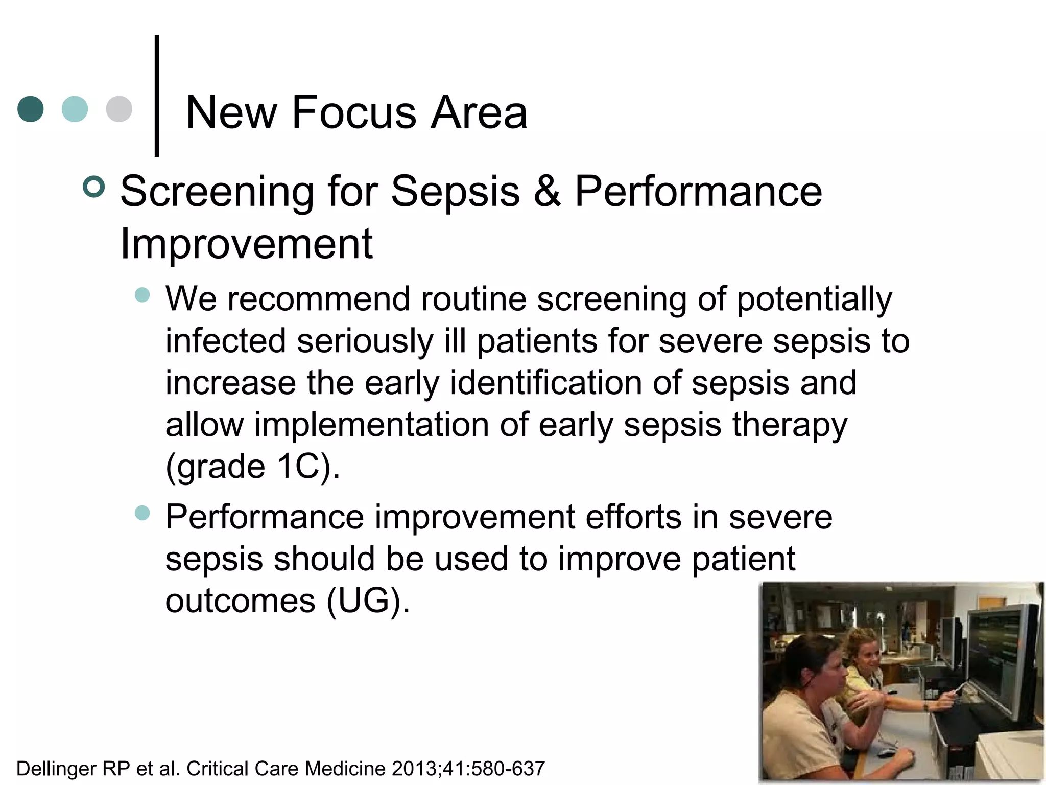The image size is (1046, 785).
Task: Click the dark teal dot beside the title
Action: (30, 109)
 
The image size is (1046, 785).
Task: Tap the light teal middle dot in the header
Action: (75, 109)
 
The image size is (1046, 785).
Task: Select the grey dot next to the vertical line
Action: (119, 109)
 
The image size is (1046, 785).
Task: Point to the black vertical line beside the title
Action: (157, 96)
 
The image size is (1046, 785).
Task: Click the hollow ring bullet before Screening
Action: (93, 187)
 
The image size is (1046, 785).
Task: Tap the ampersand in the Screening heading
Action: (547, 191)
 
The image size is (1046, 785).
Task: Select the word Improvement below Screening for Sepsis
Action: (246, 244)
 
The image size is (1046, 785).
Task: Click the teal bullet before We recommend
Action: (142, 295)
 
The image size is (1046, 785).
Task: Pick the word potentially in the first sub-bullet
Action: (814, 299)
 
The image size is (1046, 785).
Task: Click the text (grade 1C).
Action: (252, 467)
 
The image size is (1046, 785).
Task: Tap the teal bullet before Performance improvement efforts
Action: (142, 513)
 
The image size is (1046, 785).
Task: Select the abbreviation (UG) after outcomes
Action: (368, 601)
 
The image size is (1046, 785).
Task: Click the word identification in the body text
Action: (545, 383)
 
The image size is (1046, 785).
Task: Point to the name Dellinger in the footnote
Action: (56, 769)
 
